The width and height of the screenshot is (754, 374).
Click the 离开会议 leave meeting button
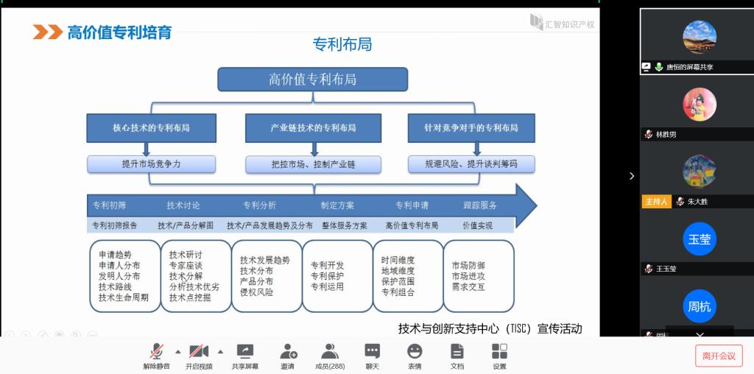point(719,356)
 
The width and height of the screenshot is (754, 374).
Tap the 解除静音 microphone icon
point(156,351)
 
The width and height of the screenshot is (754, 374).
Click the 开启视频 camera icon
point(198,351)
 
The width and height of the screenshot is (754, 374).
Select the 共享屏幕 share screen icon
point(244,351)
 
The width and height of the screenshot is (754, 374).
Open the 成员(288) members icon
point(330,351)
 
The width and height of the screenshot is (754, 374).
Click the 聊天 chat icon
point(373,351)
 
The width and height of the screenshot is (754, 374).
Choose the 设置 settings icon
point(499,351)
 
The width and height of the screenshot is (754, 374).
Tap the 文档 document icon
point(457,351)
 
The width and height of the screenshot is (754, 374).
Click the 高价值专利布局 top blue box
point(312,80)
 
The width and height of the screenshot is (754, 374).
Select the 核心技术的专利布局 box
point(151,127)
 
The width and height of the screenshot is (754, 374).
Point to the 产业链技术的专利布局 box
point(313,127)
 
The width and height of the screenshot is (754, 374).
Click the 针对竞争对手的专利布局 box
point(471,127)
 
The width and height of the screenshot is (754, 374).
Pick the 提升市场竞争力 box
point(151,164)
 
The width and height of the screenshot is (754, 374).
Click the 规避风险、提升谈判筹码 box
point(471,164)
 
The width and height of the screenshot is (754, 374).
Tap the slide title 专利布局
point(342,45)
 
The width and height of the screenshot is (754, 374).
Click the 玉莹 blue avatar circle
point(700,239)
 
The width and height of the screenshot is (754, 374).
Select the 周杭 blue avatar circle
point(700,306)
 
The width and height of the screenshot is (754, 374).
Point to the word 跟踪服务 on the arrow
point(480,205)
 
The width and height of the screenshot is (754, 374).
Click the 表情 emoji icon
point(415,351)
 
